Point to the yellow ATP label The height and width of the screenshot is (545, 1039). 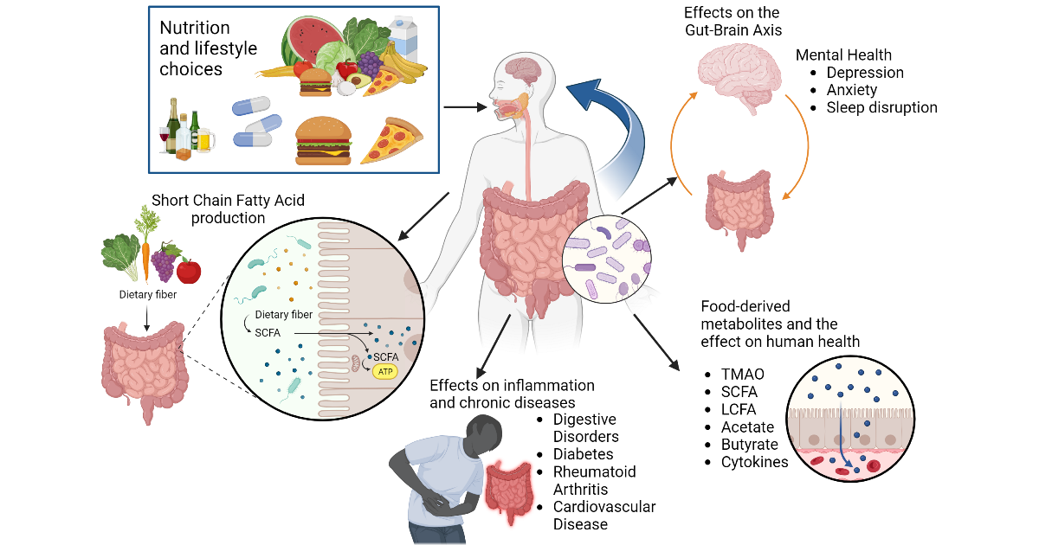point(385,373)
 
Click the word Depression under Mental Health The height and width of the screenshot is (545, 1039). point(864,73)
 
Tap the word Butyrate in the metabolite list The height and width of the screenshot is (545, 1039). point(749,445)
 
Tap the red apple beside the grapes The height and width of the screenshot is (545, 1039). point(188,271)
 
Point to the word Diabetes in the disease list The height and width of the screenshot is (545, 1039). point(583,454)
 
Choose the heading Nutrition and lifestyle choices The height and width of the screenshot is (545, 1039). point(208,48)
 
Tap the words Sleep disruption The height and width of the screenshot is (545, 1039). point(881,107)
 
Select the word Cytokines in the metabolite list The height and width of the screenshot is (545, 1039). point(754,462)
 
